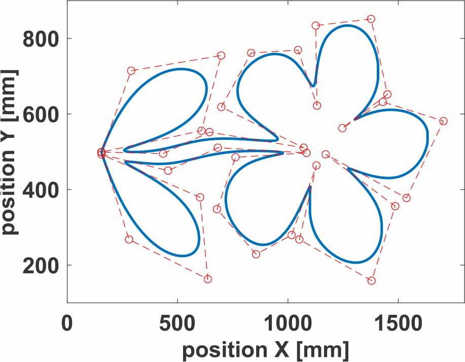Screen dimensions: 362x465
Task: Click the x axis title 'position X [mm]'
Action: click(x=265, y=349)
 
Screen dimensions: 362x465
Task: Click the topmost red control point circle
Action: click(x=371, y=19)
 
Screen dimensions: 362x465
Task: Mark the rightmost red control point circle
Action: click(x=443, y=121)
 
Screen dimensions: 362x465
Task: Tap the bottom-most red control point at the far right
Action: click(x=371, y=280)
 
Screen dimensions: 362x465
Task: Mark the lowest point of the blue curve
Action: click(x=355, y=263)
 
